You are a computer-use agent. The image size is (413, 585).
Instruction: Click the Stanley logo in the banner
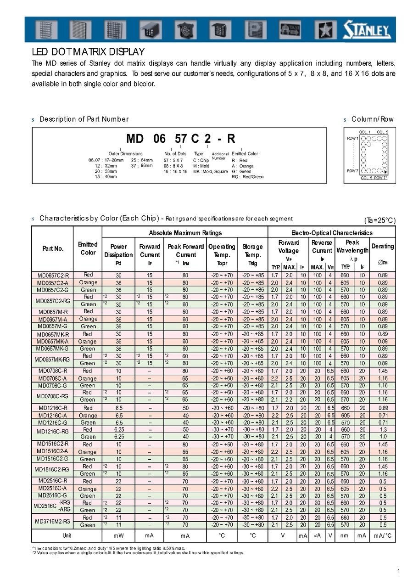click(x=367, y=31)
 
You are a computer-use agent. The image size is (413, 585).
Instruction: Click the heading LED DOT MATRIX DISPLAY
click(x=88, y=52)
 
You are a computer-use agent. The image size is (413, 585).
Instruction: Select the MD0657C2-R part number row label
click(x=53, y=275)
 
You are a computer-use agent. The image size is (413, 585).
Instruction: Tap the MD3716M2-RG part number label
click(x=52, y=521)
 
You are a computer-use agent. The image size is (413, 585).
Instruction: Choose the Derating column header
click(x=383, y=246)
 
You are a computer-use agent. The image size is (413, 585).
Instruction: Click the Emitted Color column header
click(x=88, y=248)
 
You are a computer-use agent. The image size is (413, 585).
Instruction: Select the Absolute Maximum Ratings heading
click(x=185, y=233)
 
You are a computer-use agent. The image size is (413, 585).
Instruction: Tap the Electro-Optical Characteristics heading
click(x=332, y=233)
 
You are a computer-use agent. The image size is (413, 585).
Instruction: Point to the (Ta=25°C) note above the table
click(x=380, y=220)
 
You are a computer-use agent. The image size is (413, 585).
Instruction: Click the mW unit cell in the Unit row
click(x=118, y=536)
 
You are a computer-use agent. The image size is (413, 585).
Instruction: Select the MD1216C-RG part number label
click(x=53, y=432)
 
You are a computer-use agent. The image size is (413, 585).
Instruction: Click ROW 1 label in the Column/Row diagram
click(x=352, y=138)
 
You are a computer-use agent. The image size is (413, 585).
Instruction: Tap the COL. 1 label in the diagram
click(x=365, y=132)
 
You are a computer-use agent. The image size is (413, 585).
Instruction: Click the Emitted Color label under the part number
click(x=245, y=154)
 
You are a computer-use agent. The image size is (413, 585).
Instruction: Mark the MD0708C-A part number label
click(x=53, y=378)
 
